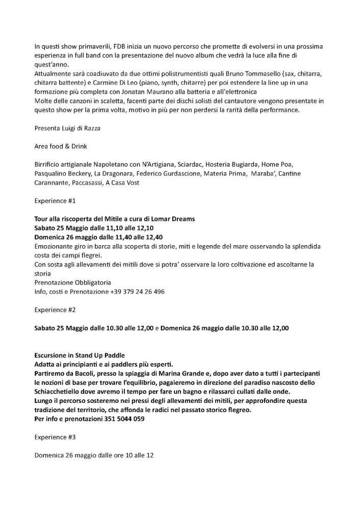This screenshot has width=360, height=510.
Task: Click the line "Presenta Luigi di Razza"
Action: pos(67,128)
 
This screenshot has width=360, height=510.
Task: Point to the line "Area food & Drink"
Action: pos(61,146)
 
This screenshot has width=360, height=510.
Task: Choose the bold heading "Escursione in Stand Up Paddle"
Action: pos(80,355)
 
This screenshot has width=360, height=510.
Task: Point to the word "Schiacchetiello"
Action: pos(60,391)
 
